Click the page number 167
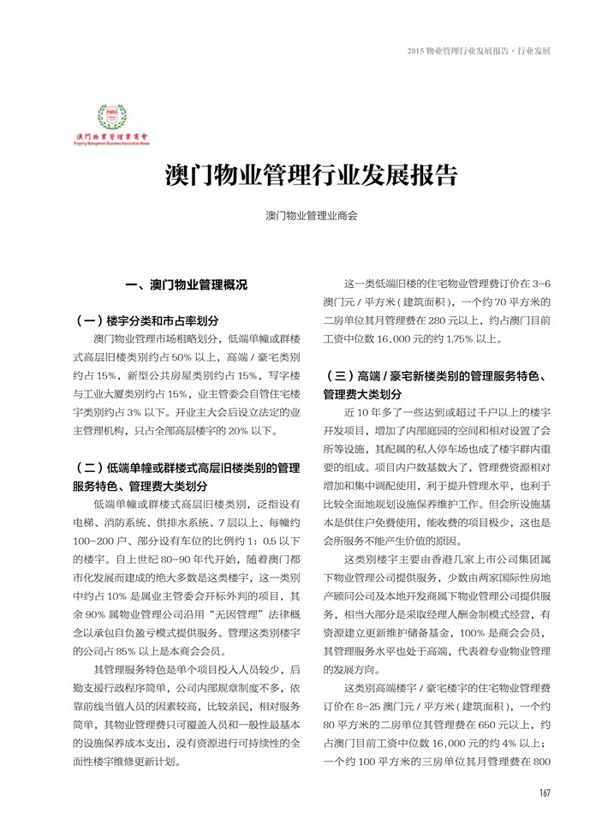point(543,792)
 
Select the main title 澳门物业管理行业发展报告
point(311,176)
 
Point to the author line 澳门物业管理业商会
point(311,217)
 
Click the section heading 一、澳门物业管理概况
point(186,284)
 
